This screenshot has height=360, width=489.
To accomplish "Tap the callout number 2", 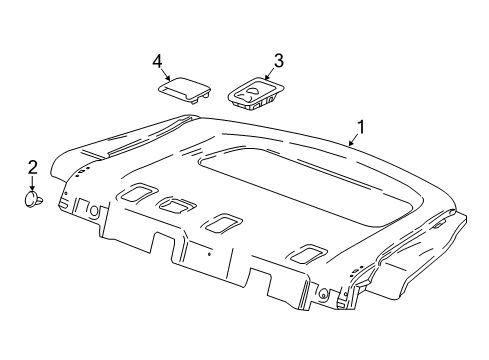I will coord(32,167).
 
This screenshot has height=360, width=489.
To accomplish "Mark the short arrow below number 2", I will coord(32,184).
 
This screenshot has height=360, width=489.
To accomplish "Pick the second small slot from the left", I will coord(177,206).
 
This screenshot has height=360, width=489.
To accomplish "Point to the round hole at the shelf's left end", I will coord(94,211).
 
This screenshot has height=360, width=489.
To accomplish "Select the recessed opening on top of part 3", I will coord(254,93).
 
